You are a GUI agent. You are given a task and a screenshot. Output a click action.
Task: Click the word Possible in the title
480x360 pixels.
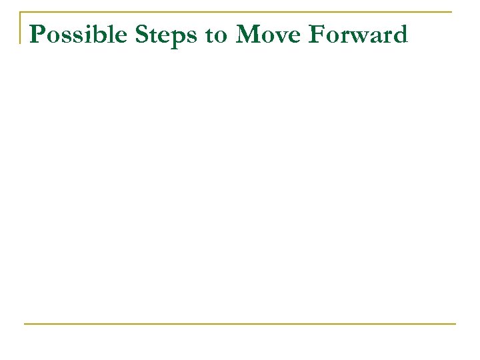74,35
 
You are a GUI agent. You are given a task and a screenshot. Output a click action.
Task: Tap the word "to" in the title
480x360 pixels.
216,35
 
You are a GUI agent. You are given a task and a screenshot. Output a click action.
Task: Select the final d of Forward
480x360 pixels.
399,34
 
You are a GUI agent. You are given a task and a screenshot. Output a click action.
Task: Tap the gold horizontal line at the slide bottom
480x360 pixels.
240,324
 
